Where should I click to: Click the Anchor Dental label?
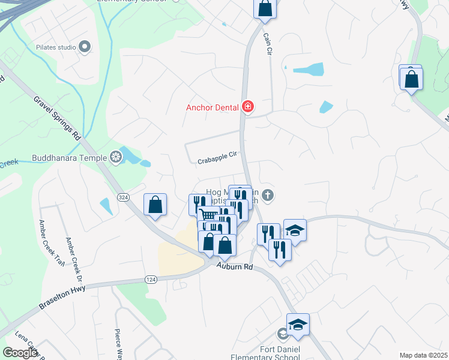[212, 108]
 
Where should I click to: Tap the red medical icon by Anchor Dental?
[247, 107]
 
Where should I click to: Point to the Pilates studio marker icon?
[85, 46]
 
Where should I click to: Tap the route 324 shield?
[123, 199]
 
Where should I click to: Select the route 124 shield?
[151, 280]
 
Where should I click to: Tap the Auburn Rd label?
[235, 266]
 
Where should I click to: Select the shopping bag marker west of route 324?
[155, 205]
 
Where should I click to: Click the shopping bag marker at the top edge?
[264, 8]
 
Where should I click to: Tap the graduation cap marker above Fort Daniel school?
[297, 324]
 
